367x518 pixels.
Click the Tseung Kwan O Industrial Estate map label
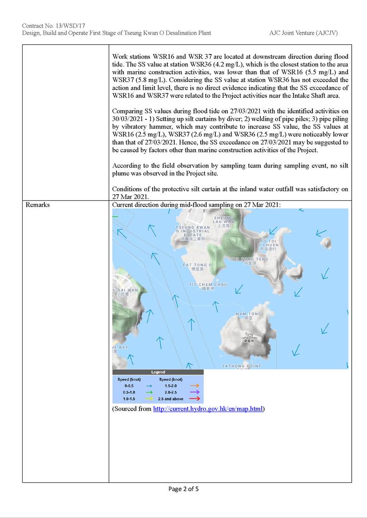(x=193, y=233)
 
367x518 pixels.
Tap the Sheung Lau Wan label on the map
(x=224, y=221)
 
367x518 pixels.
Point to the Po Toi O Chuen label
(x=269, y=244)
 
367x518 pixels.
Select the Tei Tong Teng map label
(x=250, y=260)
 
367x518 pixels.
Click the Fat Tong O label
(x=197, y=267)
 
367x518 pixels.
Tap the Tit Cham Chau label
(x=208, y=286)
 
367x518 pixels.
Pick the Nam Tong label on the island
(x=248, y=316)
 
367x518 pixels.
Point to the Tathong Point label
(x=241, y=366)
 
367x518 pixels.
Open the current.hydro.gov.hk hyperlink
(x=208, y=409)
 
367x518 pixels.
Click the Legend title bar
(x=158, y=372)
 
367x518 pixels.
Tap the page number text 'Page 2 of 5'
(x=183, y=489)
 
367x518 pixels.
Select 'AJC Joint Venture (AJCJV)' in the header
(x=306, y=33)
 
